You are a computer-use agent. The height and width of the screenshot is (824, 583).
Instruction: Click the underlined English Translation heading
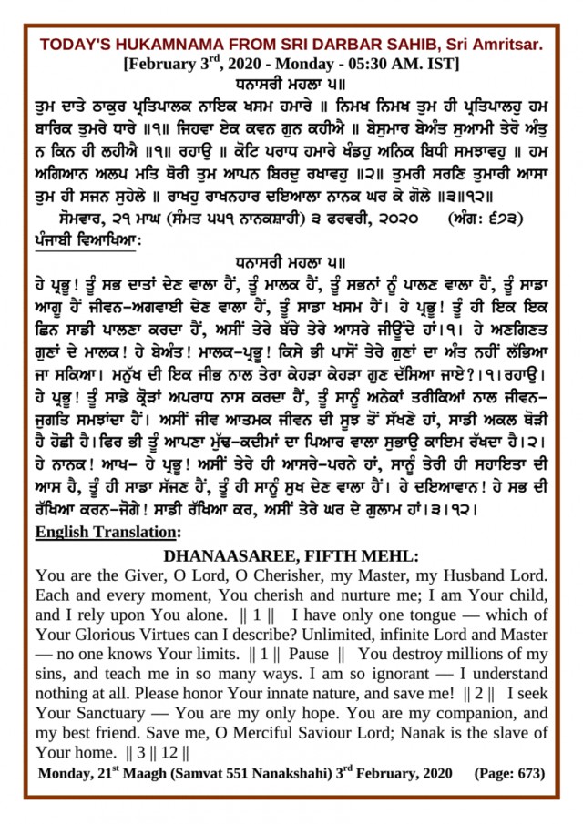point(108,530)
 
